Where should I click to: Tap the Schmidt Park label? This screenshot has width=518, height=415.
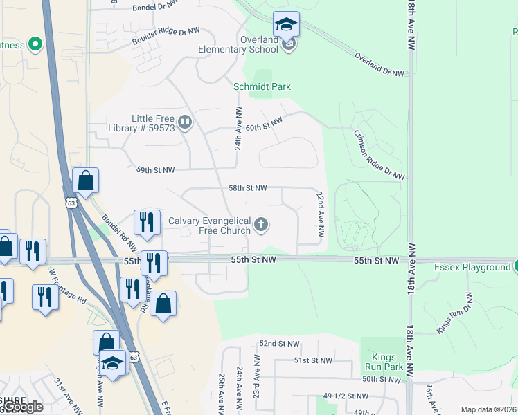262,86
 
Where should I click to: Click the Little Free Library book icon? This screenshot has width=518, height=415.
185,123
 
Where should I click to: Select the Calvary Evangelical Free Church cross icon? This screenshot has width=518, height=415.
261,223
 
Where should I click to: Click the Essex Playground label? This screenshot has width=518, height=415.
472,267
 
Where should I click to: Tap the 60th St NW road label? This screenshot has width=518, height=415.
265,124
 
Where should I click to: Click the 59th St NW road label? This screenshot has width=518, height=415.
155,169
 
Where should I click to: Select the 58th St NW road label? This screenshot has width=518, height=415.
248,187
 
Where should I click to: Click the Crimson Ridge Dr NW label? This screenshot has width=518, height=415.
379,155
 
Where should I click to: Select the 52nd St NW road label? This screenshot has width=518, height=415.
279,344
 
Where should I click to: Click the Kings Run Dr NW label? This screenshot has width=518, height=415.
454,313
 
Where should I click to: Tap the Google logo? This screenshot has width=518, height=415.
23,407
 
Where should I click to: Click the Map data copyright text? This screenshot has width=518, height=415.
488,409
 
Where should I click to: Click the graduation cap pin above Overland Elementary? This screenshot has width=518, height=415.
286,25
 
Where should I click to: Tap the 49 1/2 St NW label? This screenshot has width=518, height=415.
346,396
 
